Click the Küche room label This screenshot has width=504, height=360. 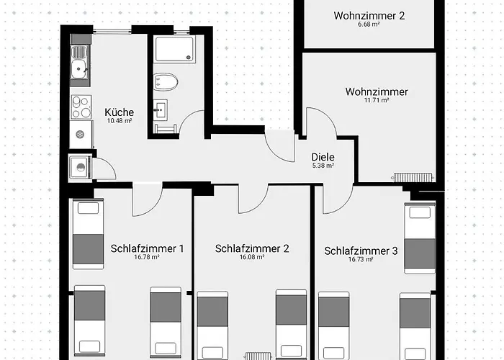[120, 112]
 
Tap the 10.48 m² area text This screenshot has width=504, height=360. [120, 121]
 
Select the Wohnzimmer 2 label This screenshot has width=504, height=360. [369, 15]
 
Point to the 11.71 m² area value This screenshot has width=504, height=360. [377, 100]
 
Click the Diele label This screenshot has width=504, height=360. [323, 157]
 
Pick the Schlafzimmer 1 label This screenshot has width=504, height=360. [147, 248]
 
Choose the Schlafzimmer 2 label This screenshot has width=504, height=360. [252, 248]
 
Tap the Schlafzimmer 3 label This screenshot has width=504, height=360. [361, 251]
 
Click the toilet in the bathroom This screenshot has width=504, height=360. [166, 82]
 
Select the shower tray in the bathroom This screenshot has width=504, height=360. [174, 48]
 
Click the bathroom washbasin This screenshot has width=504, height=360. [160, 110]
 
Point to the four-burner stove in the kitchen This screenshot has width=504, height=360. [81, 107]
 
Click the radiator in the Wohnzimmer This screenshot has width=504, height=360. [413, 177]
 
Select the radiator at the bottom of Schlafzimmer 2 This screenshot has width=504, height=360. [258, 356]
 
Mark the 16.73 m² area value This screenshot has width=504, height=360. [361, 259]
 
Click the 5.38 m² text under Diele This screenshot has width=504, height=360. [323, 166]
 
